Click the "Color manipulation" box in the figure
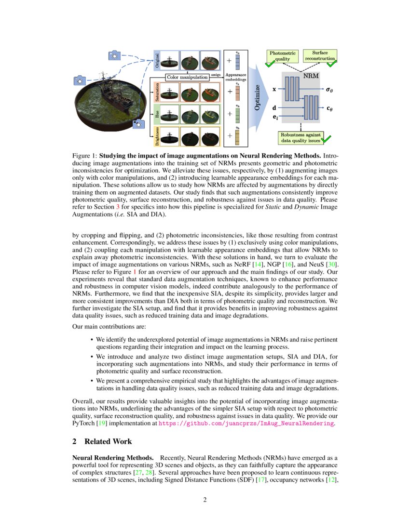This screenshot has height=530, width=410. click(x=188, y=77)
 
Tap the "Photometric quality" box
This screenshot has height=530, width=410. click(x=283, y=56)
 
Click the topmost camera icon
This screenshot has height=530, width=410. click(x=114, y=55)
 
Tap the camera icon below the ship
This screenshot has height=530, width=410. click(x=139, y=123)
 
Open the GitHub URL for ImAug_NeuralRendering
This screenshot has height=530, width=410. click(x=246, y=423)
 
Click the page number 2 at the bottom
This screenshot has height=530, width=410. click(x=205, y=500)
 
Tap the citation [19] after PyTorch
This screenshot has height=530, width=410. click(x=100, y=423)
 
